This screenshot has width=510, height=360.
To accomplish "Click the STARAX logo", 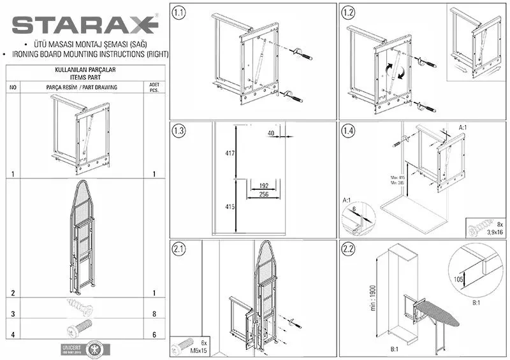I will (85, 25).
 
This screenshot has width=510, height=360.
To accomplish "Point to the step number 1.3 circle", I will (180, 131).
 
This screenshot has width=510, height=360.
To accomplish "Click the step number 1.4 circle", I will (348, 131).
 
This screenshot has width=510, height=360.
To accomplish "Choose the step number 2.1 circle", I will (180, 249).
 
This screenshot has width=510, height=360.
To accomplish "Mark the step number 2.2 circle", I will (348, 249).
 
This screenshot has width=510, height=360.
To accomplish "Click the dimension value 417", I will (229, 154).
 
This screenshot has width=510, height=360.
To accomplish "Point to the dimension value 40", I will (271, 133).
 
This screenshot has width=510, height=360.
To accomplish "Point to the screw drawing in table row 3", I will (80, 309).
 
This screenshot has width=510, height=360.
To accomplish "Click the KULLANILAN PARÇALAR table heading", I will (85, 69).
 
